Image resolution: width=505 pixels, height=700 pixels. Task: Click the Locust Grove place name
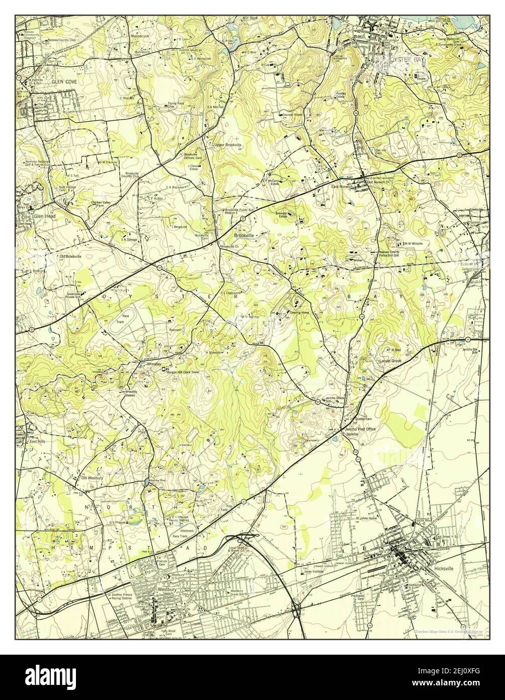(389, 361)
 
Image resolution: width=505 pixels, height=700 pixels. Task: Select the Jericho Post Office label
(360, 429)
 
